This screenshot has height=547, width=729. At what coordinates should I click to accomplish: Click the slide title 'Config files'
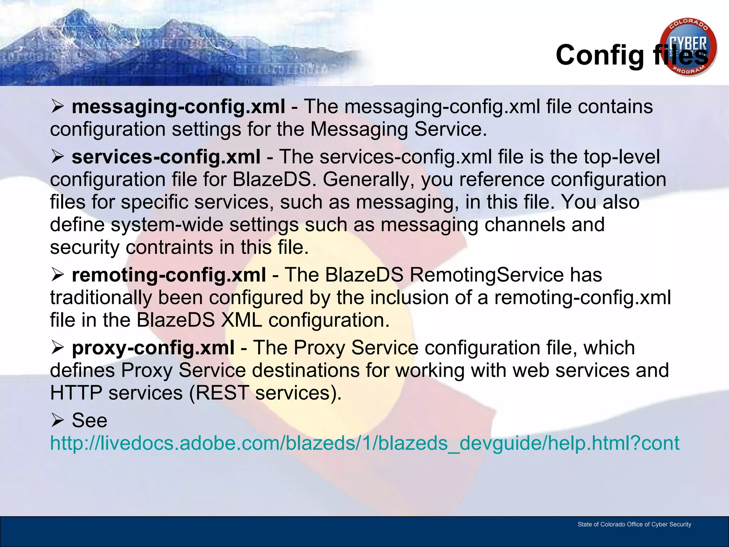(x=631, y=55)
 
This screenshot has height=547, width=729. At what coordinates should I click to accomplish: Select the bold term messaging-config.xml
(x=178, y=106)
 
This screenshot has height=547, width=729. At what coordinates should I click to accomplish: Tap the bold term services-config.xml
(x=166, y=157)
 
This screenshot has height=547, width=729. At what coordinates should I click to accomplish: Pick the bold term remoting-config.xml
(x=169, y=275)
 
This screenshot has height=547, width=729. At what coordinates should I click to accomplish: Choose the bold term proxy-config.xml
(x=153, y=348)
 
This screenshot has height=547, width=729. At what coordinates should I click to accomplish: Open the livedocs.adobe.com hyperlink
(x=364, y=443)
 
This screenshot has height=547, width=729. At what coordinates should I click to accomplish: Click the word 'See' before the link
(x=89, y=420)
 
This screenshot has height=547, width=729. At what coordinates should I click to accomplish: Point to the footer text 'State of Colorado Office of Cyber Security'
(x=634, y=524)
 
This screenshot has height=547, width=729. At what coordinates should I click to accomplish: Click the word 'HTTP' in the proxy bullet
(x=76, y=393)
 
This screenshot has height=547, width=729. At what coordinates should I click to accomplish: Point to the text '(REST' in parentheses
(x=219, y=393)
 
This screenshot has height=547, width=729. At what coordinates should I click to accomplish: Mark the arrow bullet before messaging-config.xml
(x=57, y=106)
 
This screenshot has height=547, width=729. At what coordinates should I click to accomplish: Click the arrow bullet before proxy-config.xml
(x=57, y=347)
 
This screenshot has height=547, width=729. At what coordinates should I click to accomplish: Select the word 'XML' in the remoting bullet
(x=241, y=320)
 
